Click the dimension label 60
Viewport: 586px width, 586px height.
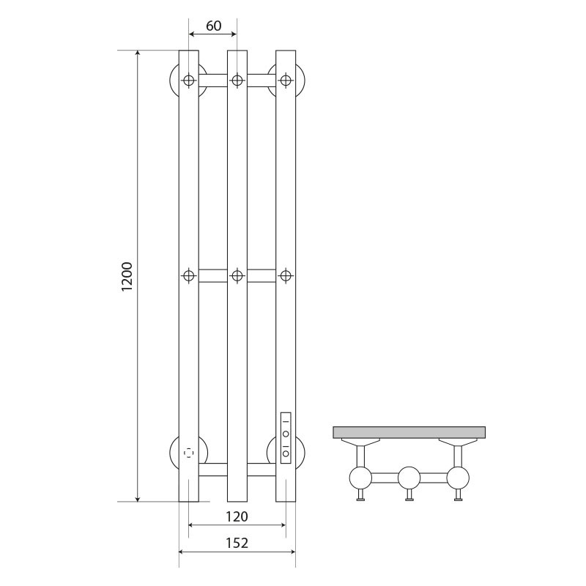[214, 26]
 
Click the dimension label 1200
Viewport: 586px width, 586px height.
[127, 277]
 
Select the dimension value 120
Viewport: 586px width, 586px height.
[237, 516]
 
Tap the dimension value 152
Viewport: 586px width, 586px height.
[237, 543]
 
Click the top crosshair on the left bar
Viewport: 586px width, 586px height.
[189, 80]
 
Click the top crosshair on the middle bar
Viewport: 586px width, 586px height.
[237, 80]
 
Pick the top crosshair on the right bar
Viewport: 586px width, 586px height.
[286, 80]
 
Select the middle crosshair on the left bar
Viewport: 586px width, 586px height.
[189, 276]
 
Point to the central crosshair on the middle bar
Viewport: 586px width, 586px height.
[237, 276]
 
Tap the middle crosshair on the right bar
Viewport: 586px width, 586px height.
[286, 276]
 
